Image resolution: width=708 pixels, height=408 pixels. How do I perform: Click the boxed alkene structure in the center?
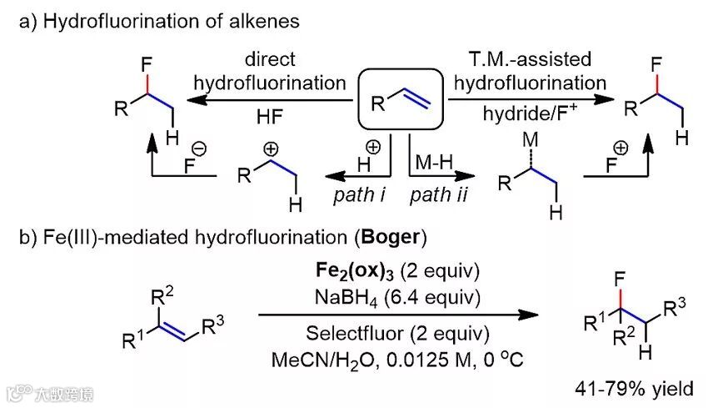tap(399, 98)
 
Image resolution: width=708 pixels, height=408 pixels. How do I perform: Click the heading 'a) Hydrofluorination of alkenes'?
tap(157, 23)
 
